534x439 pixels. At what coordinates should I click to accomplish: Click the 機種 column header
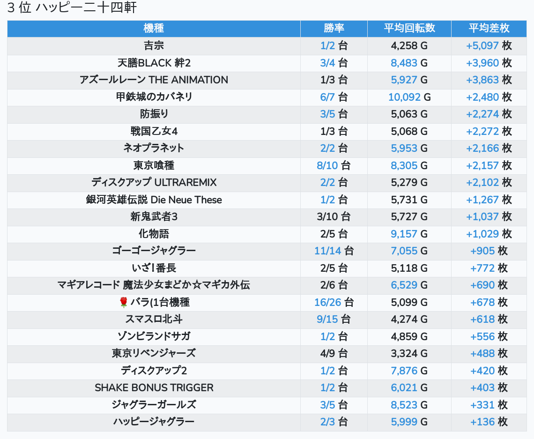(x=154, y=28)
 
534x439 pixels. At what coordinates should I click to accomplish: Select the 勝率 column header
(x=334, y=28)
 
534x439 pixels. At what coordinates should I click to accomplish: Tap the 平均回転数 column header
(x=409, y=28)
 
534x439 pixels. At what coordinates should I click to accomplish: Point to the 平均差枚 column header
(x=489, y=28)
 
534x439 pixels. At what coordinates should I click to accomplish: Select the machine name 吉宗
(x=154, y=45)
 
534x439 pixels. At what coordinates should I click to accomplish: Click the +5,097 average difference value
(x=482, y=45)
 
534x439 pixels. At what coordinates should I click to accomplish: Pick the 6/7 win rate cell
(x=328, y=97)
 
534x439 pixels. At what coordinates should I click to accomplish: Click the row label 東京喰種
(x=154, y=165)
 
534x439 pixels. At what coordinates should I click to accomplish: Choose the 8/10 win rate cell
(x=326, y=165)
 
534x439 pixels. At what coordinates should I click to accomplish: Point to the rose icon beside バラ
(x=124, y=302)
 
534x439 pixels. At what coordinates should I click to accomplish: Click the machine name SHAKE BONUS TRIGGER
(x=154, y=387)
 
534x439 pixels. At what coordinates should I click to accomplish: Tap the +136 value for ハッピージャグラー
(x=482, y=422)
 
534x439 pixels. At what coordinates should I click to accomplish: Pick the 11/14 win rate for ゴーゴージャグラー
(x=328, y=251)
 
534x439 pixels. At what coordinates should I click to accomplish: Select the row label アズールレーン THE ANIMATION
(x=154, y=80)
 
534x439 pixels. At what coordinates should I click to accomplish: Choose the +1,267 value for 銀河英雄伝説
(x=482, y=200)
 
